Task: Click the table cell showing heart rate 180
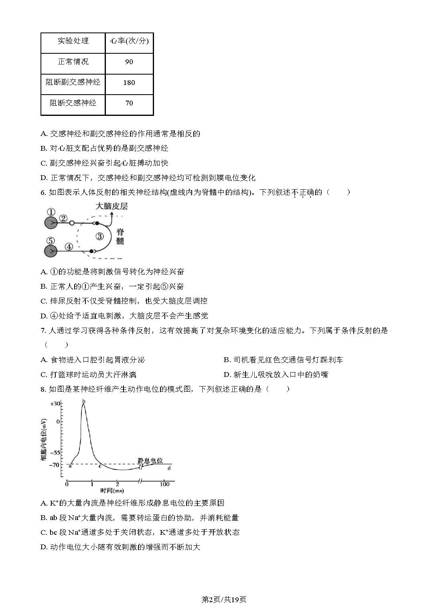(129, 83)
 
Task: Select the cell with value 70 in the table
(129, 103)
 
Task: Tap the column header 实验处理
(73, 41)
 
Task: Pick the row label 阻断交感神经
(73, 103)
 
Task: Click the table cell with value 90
(129, 62)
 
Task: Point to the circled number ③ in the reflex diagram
(99, 236)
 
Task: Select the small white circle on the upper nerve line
(72, 223)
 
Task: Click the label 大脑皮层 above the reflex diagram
(111, 206)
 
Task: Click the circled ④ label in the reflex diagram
(69, 247)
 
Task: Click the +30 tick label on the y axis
(55, 403)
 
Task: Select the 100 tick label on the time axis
(164, 484)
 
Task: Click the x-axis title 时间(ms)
(112, 491)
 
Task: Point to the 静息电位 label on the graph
(150, 461)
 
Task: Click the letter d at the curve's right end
(169, 468)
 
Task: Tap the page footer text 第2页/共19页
(224, 599)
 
